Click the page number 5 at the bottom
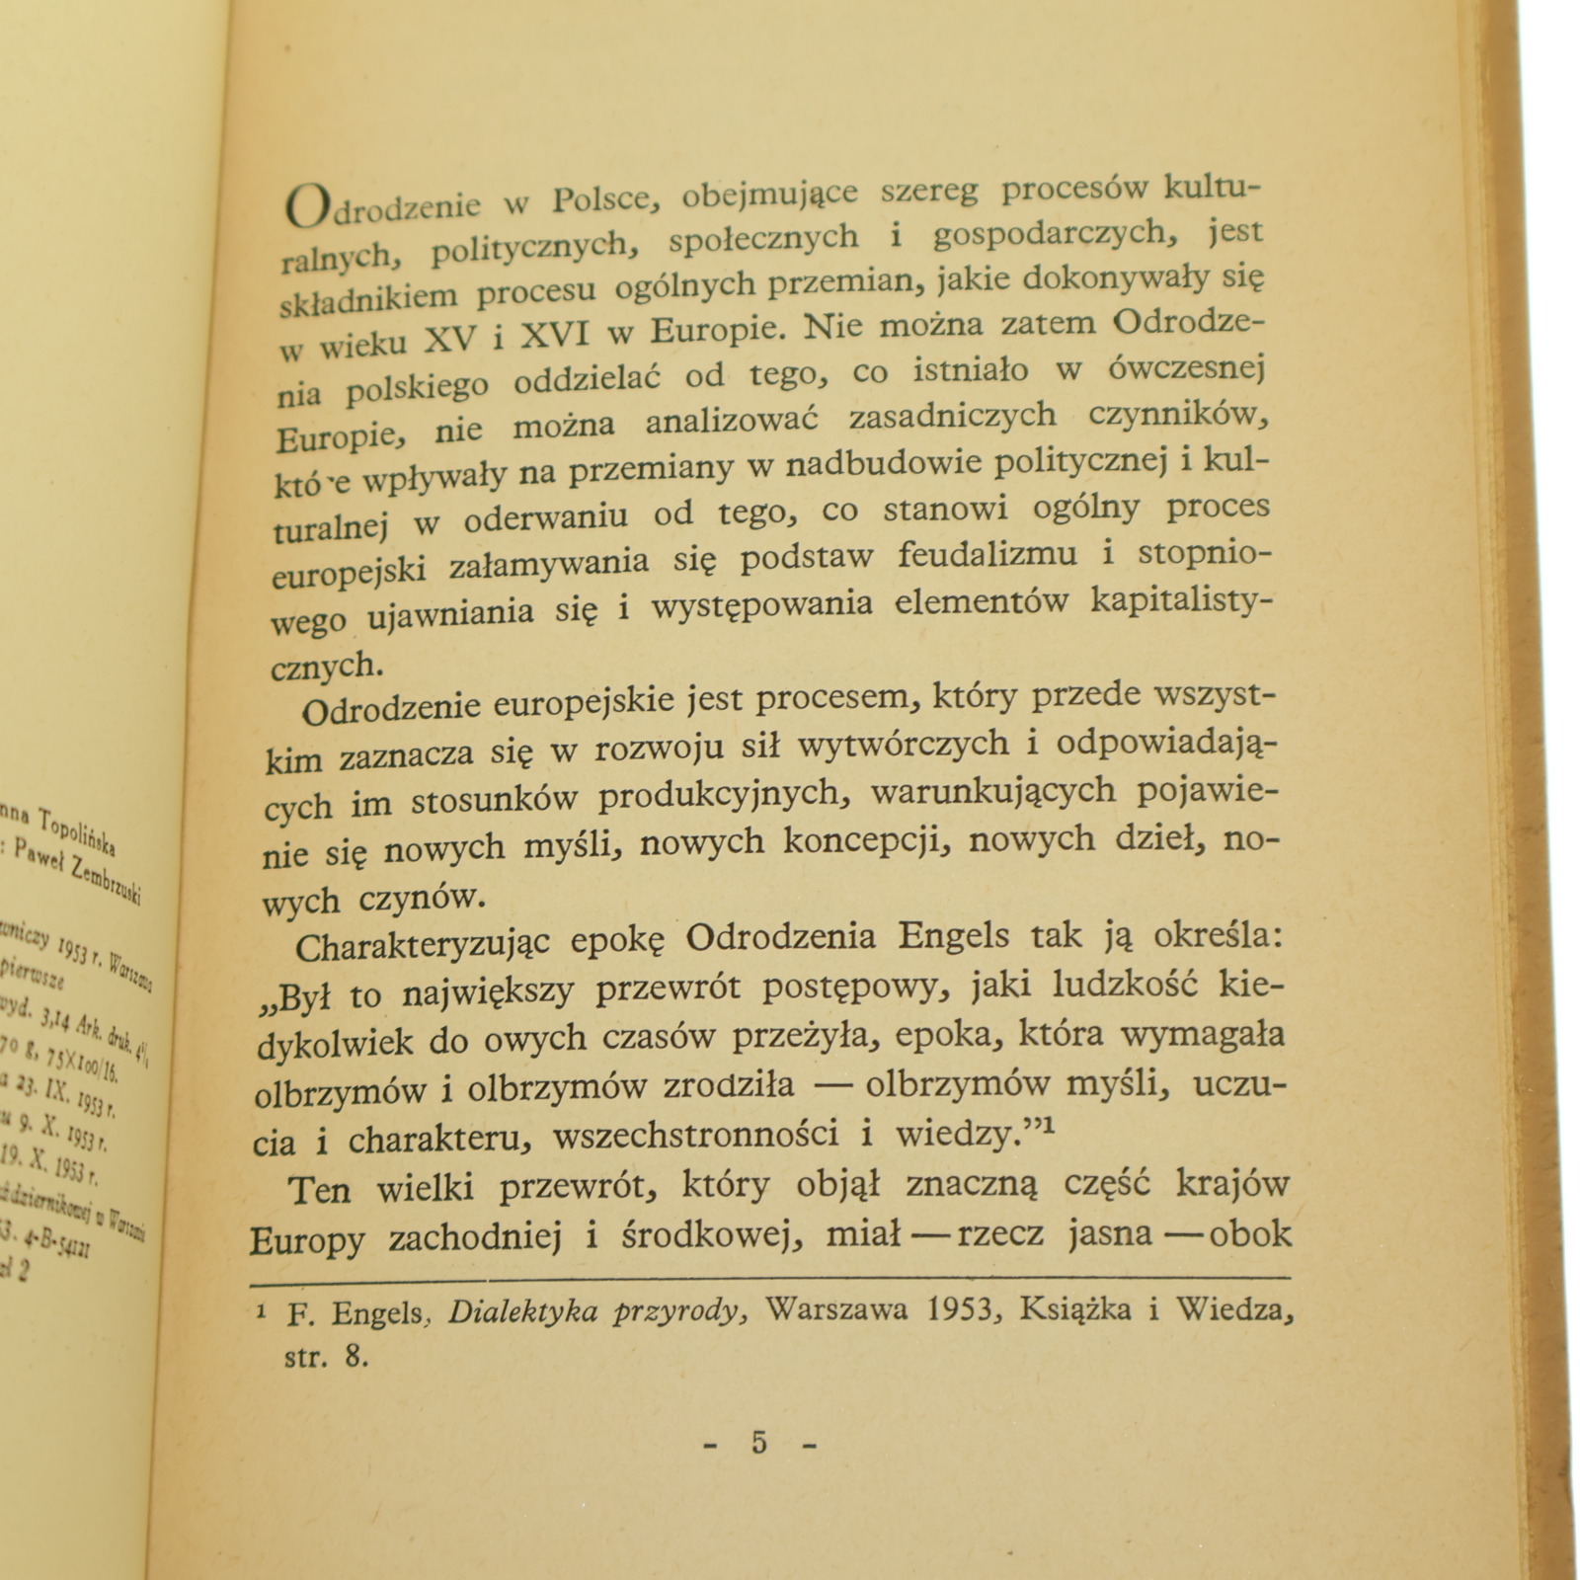758,1443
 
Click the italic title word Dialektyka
522,1312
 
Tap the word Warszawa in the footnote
835,1310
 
